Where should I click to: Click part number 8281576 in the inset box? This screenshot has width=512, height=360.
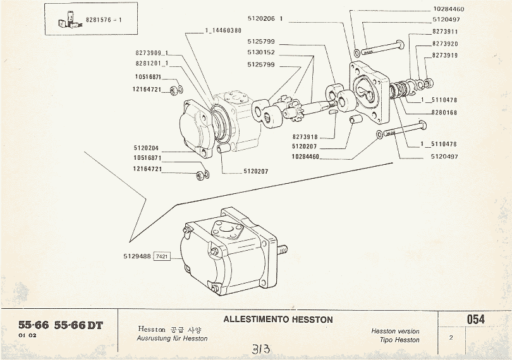[99, 20]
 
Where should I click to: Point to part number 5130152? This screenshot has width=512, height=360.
[260, 52]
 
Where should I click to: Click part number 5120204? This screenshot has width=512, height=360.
[146, 148]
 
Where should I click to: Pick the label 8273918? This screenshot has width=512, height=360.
[305, 136]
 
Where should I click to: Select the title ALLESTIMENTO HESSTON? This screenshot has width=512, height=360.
[277, 320]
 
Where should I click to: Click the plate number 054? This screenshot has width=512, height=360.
[475, 320]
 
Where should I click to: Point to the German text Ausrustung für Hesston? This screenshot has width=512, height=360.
[172, 339]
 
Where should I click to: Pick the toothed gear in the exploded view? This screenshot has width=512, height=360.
[292, 115]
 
